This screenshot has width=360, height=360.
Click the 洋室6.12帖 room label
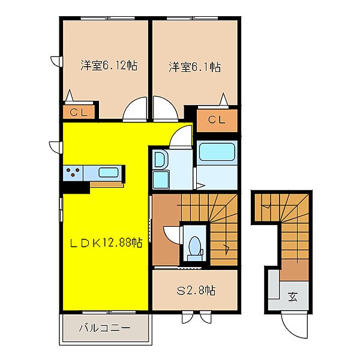pyautogui.click(x=105, y=65)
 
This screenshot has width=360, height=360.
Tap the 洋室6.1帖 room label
pyautogui.click(x=194, y=67)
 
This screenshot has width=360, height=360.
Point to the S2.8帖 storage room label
pyautogui.click(x=194, y=291)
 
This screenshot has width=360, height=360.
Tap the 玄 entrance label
pyautogui.click(x=292, y=296)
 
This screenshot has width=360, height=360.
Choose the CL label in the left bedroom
pyautogui.click(x=77, y=112)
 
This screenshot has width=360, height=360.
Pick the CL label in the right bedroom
pyautogui.click(x=217, y=120)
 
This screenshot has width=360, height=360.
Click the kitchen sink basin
pyautogui.click(x=108, y=173)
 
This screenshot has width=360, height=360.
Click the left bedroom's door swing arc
pyautogui.click(x=135, y=110)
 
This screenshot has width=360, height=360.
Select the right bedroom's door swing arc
pyautogui.click(x=166, y=110)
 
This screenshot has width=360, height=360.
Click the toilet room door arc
pyautogui.click(x=173, y=234)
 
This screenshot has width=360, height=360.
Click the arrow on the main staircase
pyautogui.click(x=227, y=247)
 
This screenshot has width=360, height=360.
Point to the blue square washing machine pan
pyautogui.click(x=161, y=179)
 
